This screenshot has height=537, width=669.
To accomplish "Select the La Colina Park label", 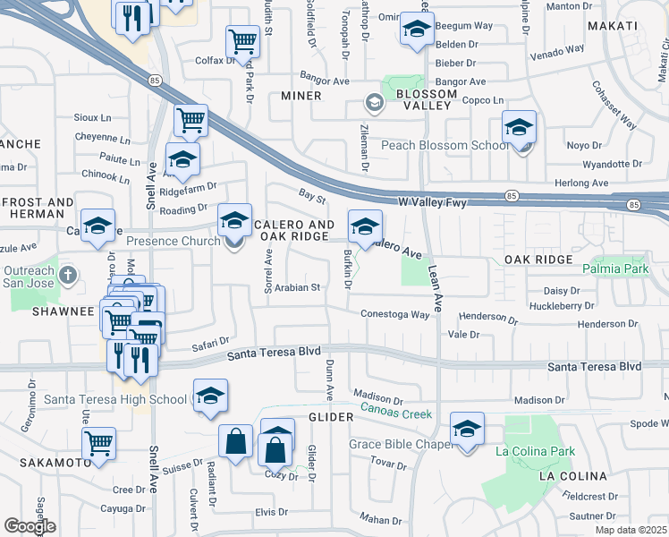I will (536, 451).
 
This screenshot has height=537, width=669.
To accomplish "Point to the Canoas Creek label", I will (395, 413).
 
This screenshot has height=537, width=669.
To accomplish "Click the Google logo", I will (30, 525).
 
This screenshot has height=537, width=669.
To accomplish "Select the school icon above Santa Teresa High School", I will (210, 396).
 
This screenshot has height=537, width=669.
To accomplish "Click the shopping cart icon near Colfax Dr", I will (242, 41).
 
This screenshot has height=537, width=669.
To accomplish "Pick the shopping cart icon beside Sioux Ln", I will (191, 119).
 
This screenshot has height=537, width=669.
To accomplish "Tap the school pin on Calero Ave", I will (365, 226).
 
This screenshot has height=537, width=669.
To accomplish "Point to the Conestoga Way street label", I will (395, 314).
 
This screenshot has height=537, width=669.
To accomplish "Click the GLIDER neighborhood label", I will (326, 417).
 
